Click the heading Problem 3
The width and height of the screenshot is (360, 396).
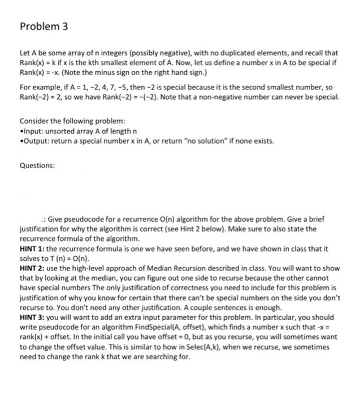pyautogui.click(x=44, y=26)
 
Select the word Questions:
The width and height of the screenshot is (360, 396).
pyautogui.click(x=37, y=166)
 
